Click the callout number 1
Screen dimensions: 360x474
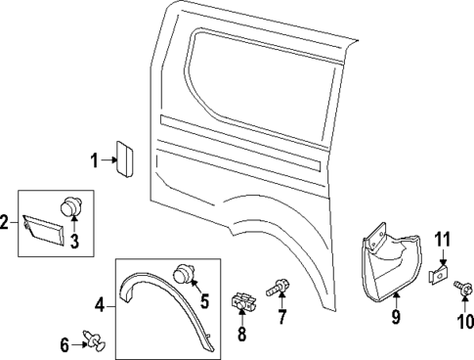[x=95, y=159]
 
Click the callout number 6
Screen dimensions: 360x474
[x=65, y=343]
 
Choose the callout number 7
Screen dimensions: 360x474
[x=281, y=319]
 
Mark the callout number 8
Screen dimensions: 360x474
[x=242, y=335]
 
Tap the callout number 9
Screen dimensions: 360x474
[x=397, y=316]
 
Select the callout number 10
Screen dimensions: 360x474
[x=465, y=320]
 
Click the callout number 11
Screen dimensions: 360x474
[x=442, y=238]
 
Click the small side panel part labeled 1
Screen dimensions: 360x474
[x=125, y=157]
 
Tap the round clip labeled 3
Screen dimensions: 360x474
[x=70, y=206]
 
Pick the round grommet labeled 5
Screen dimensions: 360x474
[x=183, y=275]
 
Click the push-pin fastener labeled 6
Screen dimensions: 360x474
[x=96, y=342]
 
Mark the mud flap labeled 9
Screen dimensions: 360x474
[x=386, y=259]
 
